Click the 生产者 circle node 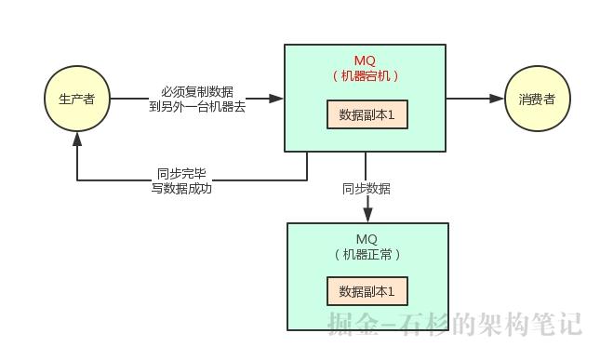click(x=76, y=98)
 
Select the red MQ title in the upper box click(x=366, y=60)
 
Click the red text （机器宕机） click(x=366, y=76)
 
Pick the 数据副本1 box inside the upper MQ click(x=367, y=114)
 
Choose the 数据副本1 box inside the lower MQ click(x=367, y=291)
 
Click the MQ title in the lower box click(x=367, y=238)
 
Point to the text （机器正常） click(x=367, y=254)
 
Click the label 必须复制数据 click(x=196, y=91)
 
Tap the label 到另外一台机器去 click(x=196, y=106)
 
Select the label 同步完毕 click(x=181, y=173)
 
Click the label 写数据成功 click(x=181, y=188)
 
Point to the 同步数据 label click(x=367, y=189)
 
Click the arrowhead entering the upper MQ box click(x=276, y=98)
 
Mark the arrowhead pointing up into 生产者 click(x=77, y=138)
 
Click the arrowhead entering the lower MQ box click(x=367, y=216)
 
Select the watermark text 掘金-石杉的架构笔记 click(x=454, y=323)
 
